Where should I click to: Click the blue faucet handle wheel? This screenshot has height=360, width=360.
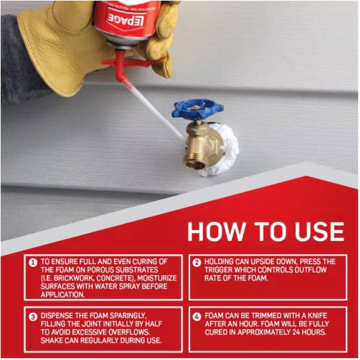[198, 108]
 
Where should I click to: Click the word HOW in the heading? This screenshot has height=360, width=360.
[213, 231]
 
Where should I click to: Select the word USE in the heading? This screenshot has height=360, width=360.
[318, 231]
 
